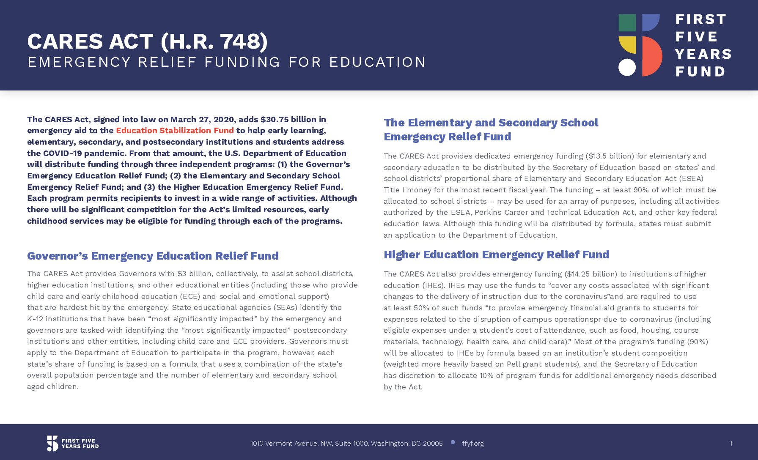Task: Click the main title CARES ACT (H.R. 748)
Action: (x=147, y=41)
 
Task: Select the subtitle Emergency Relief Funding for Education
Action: (x=227, y=62)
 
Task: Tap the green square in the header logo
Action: (x=627, y=23)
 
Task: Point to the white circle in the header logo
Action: (x=627, y=67)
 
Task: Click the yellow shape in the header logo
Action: (x=628, y=45)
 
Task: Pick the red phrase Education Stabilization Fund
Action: (x=175, y=131)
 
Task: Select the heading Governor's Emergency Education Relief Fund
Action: (x=153, y=256)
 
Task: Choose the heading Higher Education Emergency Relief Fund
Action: (x=496, y=255)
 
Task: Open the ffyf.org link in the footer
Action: (x=473, y=444)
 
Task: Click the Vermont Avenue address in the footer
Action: (x=346, y=444)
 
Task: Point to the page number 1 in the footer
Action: (x=731, y=444)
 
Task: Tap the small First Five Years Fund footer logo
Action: (x=73, y=444)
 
